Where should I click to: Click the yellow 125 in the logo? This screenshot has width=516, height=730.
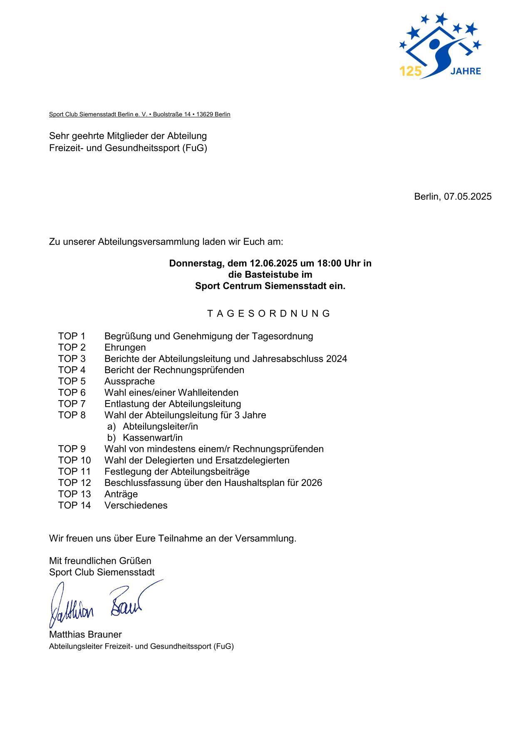tap(410, 72)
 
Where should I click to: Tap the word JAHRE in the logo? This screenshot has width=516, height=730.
tap(466, 71)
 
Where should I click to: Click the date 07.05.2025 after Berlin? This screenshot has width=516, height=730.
tap(467, 197)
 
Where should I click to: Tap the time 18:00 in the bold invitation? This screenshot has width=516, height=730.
tap(329, 264)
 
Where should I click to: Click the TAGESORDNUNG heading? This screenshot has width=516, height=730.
tap(269, 314)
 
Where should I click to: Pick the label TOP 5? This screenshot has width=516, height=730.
tap(72, 381)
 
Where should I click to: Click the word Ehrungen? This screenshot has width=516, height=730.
tap(125, 348)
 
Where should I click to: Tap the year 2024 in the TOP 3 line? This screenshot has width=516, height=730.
tap(337, 359)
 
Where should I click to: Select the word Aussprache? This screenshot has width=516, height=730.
tap(129, 381)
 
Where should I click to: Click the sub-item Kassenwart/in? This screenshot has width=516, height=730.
tap(153, 438)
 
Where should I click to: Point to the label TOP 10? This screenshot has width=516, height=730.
tap(74, 460)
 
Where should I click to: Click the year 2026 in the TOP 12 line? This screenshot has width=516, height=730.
tap(312, 483)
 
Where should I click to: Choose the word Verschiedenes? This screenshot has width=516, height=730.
tap(136, 505)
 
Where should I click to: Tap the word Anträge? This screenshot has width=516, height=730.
tap(121, 494)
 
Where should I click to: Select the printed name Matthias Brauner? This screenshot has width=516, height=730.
tap(85, 635)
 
